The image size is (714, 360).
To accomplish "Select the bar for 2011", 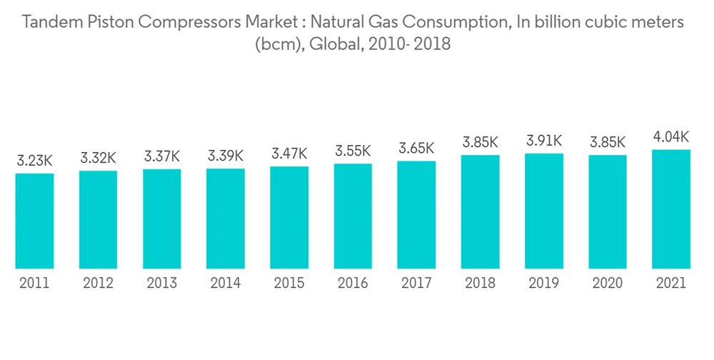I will coord(34,221).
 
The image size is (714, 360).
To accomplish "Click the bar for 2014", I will coord(226,219).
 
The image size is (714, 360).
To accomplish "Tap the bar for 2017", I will coord(416,214).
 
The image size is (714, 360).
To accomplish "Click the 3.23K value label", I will coord(34,161).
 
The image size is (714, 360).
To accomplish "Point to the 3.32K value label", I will coord(98,158).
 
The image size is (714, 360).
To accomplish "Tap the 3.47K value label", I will coord(289,153).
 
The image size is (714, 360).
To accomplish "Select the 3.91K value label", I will coord(544,141).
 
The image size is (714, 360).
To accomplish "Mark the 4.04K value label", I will coord(671,136).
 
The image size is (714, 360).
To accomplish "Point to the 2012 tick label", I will coord(98,284).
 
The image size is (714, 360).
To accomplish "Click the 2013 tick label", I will coord(162,284).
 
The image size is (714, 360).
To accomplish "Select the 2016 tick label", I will coord(353,284).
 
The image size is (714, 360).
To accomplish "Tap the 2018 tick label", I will coord(481,284).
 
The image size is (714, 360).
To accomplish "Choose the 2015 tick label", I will coord(289,284).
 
